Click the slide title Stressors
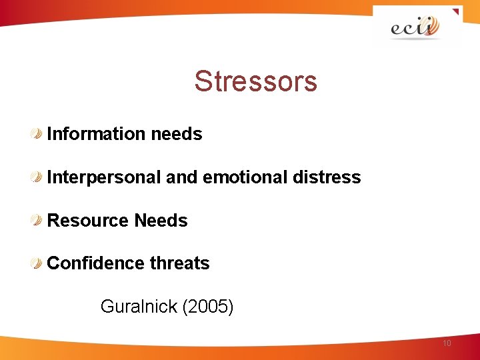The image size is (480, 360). click(x=255, y=82)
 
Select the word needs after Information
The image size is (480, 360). click(x=177, y=134)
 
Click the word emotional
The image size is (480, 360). click(x=243, y=177)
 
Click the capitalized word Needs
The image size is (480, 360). click(x=161, y=221)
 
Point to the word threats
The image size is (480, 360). click(x=179, y=263)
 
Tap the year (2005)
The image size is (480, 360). click(x=208, y=307)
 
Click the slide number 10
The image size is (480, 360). click(x=446, y=343)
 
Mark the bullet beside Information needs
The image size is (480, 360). click(x=38, y=134)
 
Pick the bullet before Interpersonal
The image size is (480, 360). click(x=38, y=177)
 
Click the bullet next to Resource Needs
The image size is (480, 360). click(x=38, y=221)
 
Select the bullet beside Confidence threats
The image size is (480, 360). click(x=38, y=263)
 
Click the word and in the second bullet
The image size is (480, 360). click(x=181, y=177)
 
